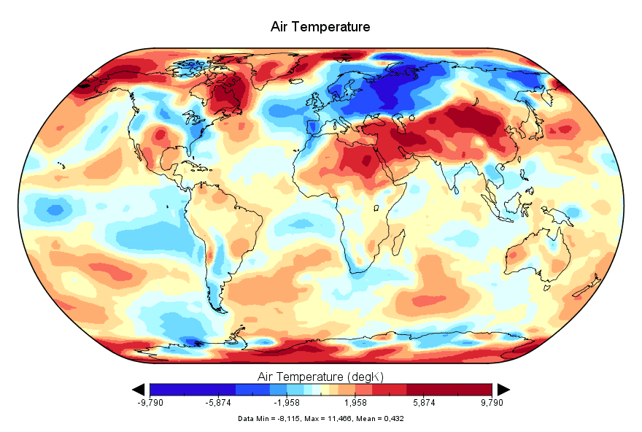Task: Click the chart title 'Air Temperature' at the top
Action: [x=320, y=27]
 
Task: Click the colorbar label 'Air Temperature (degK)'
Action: [x=320, y=377]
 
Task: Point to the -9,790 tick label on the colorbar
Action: [x=150, y=402]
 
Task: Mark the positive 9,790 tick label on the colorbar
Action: [x=491, y=402]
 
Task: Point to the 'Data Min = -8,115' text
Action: [x=268, y=419]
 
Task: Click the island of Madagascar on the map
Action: [x=403, y=250]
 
